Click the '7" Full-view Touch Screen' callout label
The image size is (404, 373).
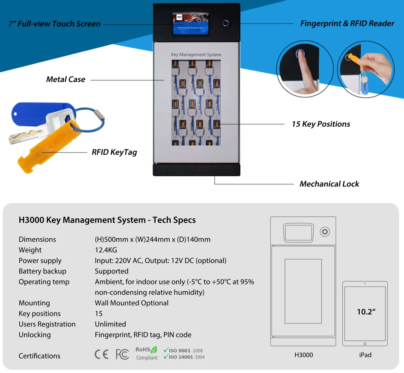click(x=55, y=24)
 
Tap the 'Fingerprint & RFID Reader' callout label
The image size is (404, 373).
click(x=347, y=23)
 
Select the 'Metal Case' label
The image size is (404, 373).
click(x=66, y=79)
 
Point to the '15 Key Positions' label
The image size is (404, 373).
click(x=321, y=124)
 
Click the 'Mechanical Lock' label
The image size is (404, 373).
click(x=329, y=184)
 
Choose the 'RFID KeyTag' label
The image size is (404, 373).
click(x=114, y=152)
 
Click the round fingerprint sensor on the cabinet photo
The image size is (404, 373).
click(x=226, y=23)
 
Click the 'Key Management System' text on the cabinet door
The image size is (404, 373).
click(x=196, y=55)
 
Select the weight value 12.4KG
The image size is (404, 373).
click(x=106, y=250)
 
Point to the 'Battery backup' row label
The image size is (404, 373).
click(x=42, y=271)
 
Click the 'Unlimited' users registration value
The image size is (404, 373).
click(x=110, y=324)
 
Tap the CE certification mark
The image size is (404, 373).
click(x=101, y=354)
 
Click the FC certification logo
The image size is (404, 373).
click(x=122, y=354)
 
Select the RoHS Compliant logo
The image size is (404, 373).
click(x=146, y=353)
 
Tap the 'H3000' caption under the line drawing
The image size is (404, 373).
click(x=303, y=355)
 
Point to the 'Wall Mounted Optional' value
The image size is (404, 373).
click(x=131, y=303)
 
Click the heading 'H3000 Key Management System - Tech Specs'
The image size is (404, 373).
click(x=107, y=220)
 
